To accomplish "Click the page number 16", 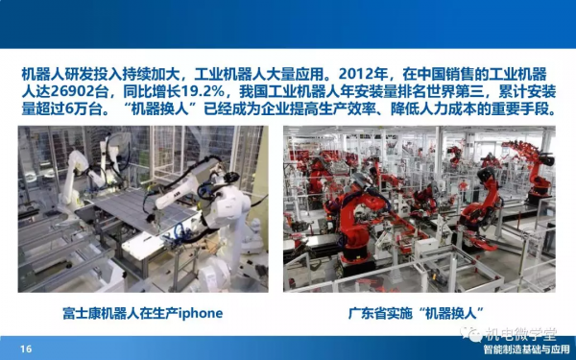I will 26,348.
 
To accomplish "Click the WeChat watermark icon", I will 470,333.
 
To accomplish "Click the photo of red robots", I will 418,208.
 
